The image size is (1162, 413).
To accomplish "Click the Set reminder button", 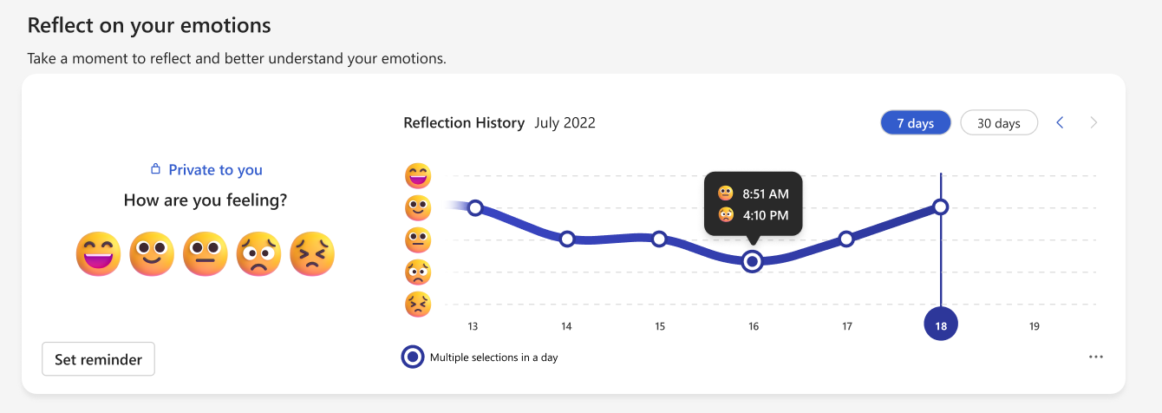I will pyautogui.click(x=98, y=359).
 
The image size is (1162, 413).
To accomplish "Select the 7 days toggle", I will pyautogui.click(x=916, y=123).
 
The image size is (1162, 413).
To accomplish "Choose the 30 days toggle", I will pyautogui.click(x=999, y=123).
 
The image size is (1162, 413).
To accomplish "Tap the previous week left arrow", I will pyautogui.click(x=1060, y=123).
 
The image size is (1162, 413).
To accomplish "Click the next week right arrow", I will pyautogui.click(x=1093, y=123).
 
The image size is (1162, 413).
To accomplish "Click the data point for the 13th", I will pyautogui.click(x=475, y=207).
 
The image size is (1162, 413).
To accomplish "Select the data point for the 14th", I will pyautogui.click(x=567, y=239).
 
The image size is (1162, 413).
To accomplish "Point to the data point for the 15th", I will pyautogui.click(x=659, y=238).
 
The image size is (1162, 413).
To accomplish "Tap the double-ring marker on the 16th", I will pyautogui.click(x=753, y=260).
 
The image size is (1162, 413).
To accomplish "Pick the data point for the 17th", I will pyautogui.click(x=846, y=239).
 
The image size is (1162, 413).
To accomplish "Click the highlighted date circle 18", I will pyautogui.click(x=941, y=326).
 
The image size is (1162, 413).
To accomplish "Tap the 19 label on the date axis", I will pyautogui.click(x=1034, y=326).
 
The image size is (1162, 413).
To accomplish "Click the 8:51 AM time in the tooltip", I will pyautogui.click(x=766, y=193).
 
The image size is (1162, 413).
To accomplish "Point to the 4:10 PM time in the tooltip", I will pyautogui.click(x=766, y=214).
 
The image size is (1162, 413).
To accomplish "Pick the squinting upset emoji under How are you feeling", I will pyautogui.click(x=312, y=253).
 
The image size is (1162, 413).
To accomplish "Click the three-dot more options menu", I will pyautogui.click(x=1095, y=357).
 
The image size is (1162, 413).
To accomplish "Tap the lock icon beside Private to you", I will pyautogui.click(x=156, y=169).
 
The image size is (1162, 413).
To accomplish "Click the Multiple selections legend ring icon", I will pyautogui.click(x=413, y=357).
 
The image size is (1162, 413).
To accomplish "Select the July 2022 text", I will pyautogui.click(x=565, y=123).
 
